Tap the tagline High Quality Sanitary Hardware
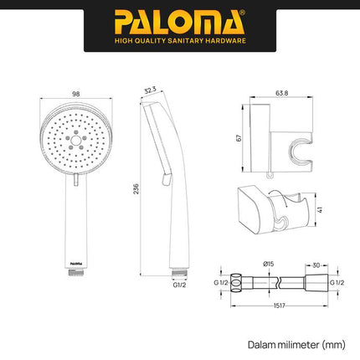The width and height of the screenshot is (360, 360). coord(179,39)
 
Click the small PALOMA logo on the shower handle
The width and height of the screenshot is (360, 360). coord(76,261)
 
